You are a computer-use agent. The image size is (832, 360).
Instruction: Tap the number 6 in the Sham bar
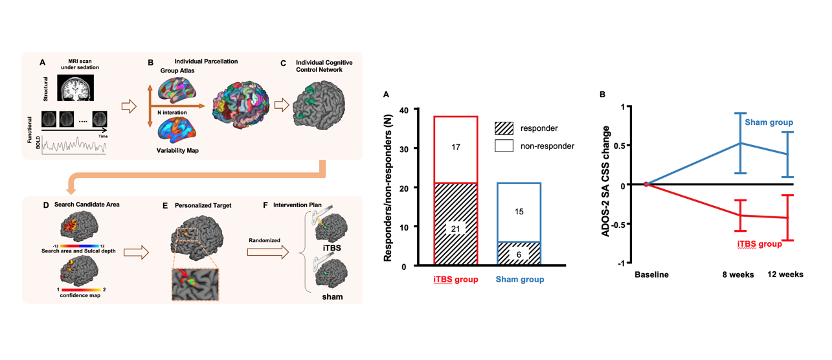point(519,254)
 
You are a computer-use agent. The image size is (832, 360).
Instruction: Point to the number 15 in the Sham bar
point(519,212)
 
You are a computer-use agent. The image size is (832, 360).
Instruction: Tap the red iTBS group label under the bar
point(455,280)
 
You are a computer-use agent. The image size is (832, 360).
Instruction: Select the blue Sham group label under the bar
point(519,280)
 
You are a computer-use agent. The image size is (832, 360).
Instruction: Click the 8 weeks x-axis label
point(738,275)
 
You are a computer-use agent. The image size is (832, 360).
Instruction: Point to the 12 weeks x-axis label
point(785,275)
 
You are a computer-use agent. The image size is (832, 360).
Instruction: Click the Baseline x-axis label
point(651,275)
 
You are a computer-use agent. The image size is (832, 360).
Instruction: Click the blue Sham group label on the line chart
point(769,122)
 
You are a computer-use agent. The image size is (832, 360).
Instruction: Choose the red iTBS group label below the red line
point(759,245)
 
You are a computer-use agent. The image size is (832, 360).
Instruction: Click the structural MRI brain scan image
point(76,87)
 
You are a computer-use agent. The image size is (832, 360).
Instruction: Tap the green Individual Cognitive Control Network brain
point(319,107)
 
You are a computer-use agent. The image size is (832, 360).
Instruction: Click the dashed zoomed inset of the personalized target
point(195,284)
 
